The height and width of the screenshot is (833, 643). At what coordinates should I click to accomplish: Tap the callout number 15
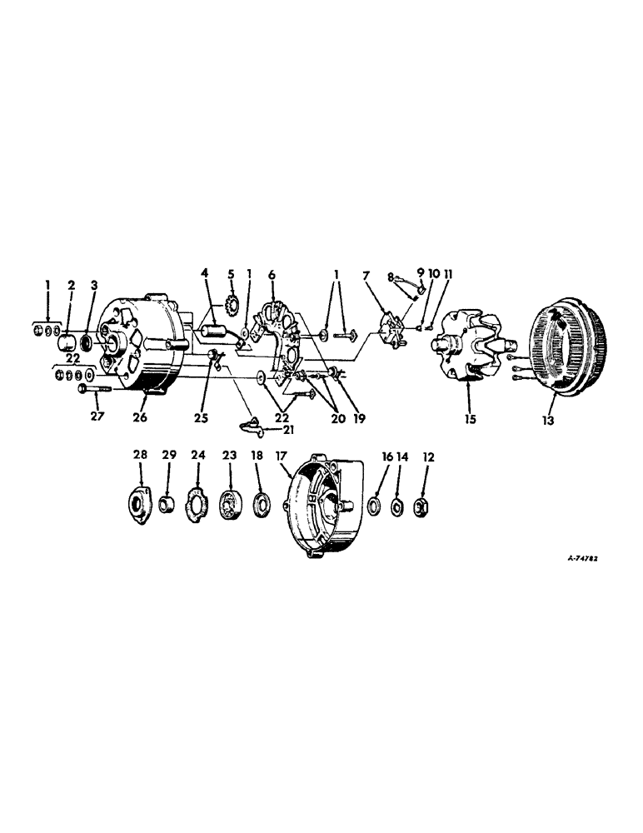pyautogui.click(x=471, y=420)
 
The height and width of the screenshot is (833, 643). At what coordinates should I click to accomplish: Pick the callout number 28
pyautogui.click(x=141, y=455)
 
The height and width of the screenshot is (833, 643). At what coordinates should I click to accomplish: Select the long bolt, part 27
pyautogui.click(x=92, y=388)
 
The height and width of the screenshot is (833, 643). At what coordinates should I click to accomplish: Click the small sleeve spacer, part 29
pyautogui.click(x=168, y=506)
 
